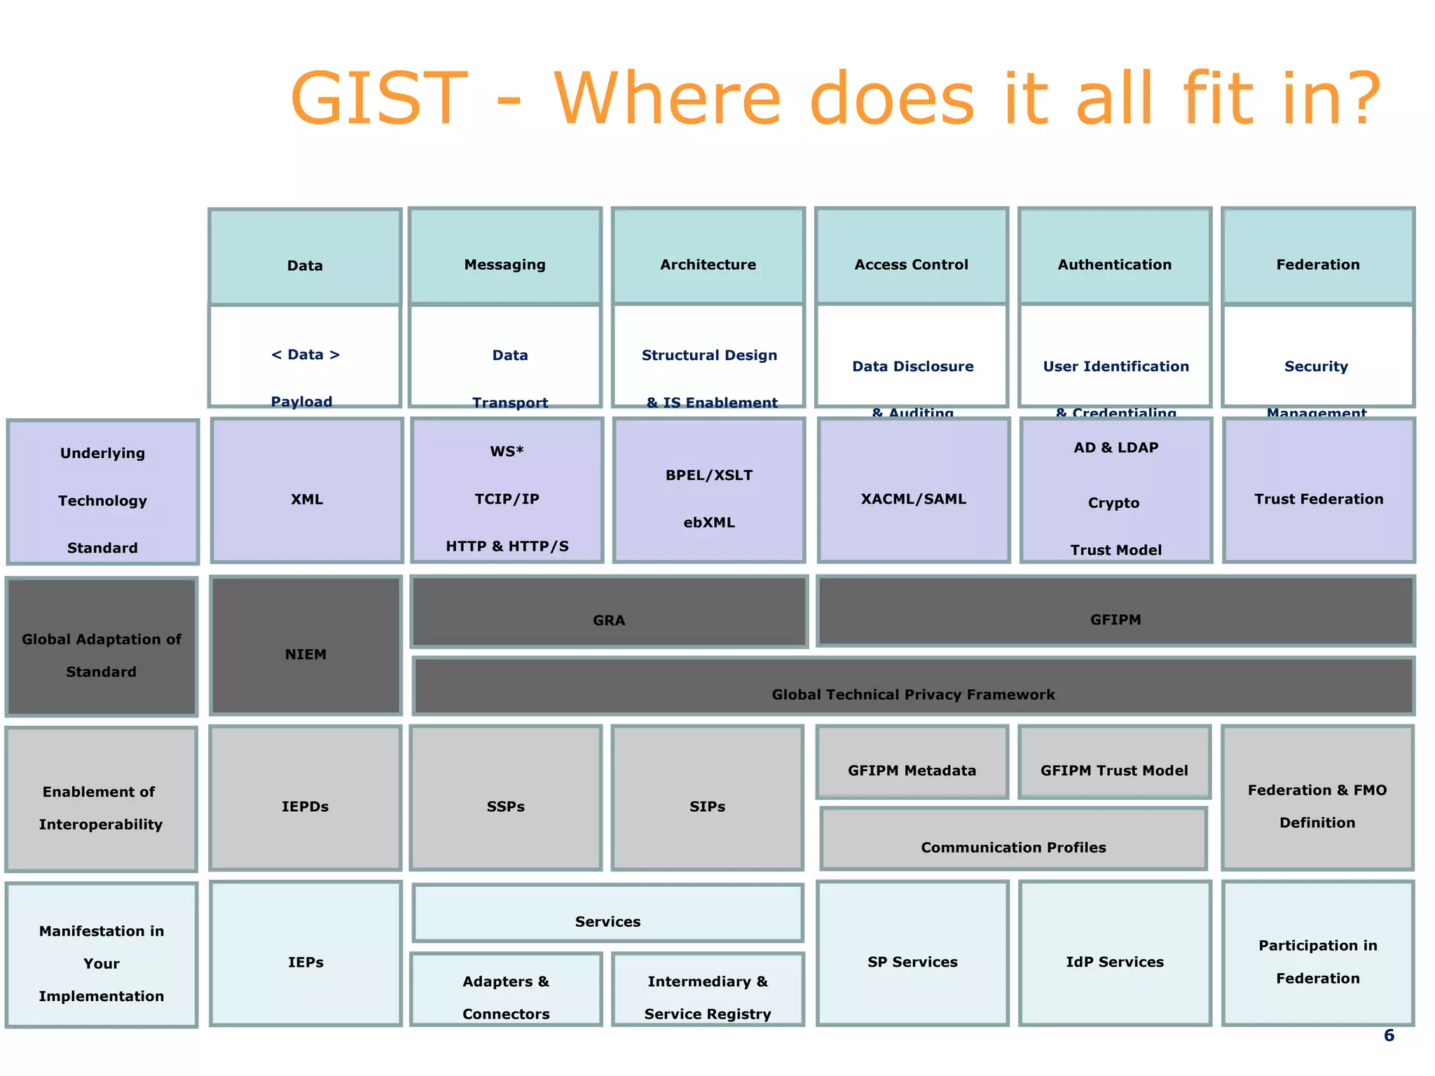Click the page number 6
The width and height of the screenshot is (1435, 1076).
tap(1389, 1035)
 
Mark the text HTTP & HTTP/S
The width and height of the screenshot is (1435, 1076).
tap(507, 546)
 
